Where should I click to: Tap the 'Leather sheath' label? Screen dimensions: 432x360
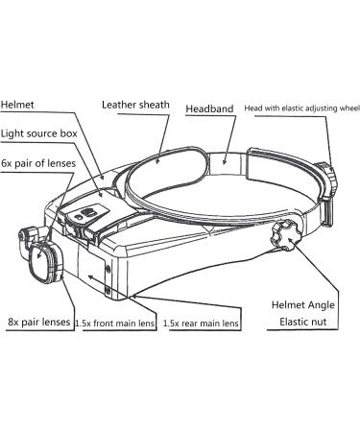pyautogui.click(x=136, y=103)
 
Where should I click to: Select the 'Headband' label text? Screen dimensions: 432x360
pyautogui.click(x=212, y=110)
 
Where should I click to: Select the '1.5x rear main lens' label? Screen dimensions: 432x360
pyautogui.click(x=201, y=324)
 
